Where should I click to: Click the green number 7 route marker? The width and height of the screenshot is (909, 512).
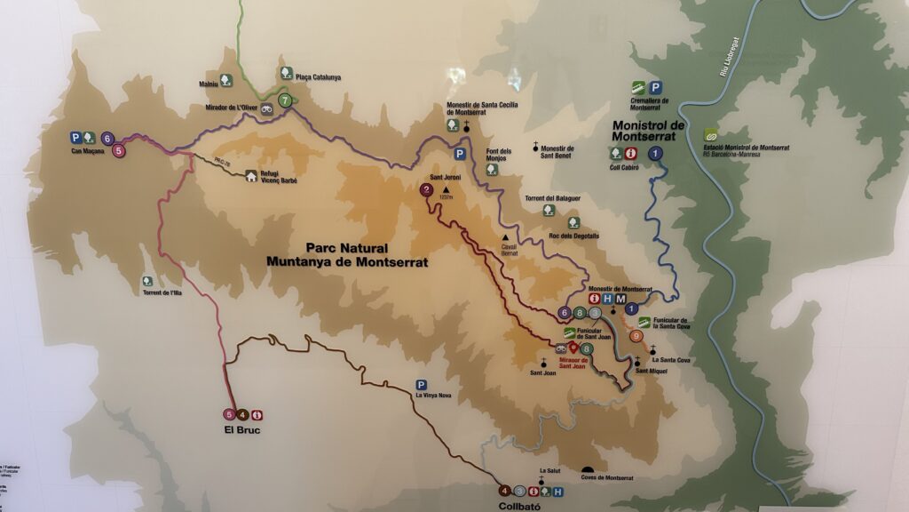284,100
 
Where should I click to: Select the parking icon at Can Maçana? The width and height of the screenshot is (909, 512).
76,138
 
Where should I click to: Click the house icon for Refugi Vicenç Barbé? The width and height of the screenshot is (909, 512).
251,176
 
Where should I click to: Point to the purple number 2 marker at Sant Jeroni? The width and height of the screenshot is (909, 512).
427,189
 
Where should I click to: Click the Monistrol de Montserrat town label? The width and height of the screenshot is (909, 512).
649,131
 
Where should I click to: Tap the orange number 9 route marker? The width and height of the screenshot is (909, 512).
636,336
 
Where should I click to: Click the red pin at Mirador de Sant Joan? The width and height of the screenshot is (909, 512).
573,348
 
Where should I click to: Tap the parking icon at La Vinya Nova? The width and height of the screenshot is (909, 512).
421,385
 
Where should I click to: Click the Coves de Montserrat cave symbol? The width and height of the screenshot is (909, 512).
587,469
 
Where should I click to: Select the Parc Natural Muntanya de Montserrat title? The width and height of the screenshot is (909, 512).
346,255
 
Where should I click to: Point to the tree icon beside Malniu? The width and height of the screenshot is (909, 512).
226,80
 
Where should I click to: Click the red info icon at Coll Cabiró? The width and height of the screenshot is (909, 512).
630,153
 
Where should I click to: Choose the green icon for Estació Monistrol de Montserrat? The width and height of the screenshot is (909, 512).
710,135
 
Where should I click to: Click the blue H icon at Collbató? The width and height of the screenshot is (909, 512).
557,491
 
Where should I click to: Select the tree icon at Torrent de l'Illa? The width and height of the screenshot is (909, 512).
147,281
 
